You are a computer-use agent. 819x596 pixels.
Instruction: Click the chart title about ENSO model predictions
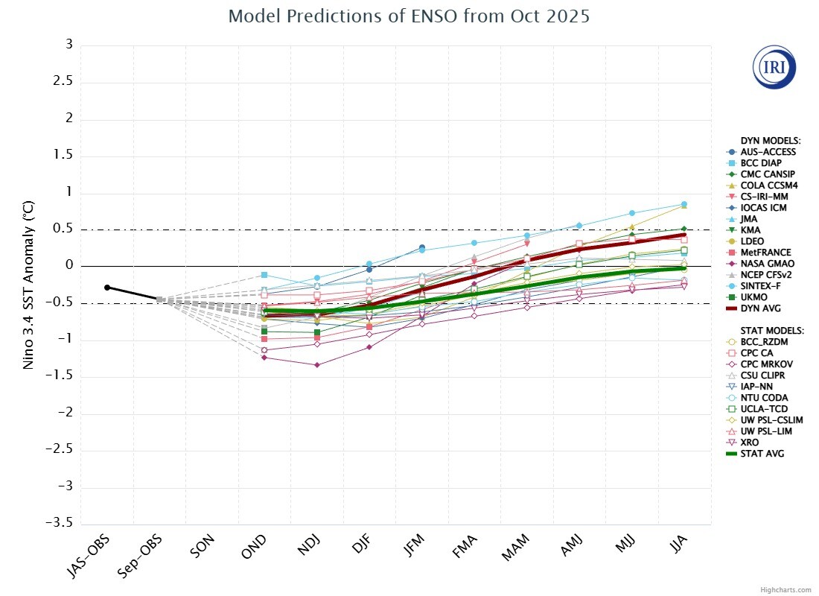pyautogui.click(x=409, y=16)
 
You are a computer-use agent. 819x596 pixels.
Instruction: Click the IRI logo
pyautogui.click(x=774, y=67)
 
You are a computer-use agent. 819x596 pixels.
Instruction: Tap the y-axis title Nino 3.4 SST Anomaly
pyautogui.click(x=28, y=285)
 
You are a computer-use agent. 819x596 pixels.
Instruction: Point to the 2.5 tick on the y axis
pyautogui.click(x=63, y=81)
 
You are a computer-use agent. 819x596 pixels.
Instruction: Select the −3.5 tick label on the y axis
pyautogui.click(x=59, y=523)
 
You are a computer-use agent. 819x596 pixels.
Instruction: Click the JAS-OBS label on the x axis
pyautogui.click(x=89, y=557)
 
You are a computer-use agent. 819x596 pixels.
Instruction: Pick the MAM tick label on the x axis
pyautogui.click(x=515, y=548)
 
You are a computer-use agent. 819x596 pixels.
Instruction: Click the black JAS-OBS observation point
pyautogui.click(x=107, y=288)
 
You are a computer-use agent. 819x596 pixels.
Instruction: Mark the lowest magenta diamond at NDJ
pyautogui.click(x=317, y=365)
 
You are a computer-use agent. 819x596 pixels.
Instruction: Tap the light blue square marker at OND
pyautogui.click(x=264, y=275)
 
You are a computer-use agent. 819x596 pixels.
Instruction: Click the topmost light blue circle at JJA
pyautogui.click(x=684, y=204)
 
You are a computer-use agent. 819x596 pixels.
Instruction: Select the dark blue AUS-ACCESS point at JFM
pyautogui.click(x=422, y=247)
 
